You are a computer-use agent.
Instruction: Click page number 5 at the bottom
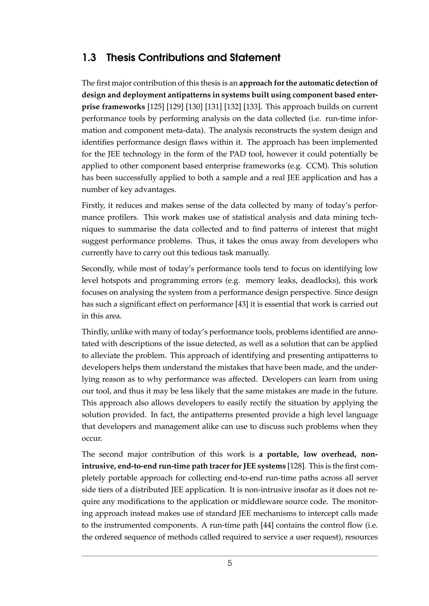[x=230, y=563]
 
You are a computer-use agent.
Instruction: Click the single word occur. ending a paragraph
[x=92, y=439]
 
